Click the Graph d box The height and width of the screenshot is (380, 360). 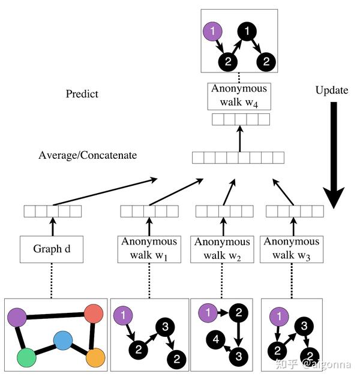(x=51, y=249)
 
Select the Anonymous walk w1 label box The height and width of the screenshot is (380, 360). (x=149, y=249)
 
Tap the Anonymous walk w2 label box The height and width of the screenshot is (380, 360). (x=222, y=249)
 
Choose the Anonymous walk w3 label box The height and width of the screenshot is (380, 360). (x=292, y=249)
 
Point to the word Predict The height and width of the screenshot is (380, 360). (x=82, y=94)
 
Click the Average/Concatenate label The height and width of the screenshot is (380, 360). (x=88, y=155)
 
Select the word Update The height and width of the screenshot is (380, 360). (x=331, y=91)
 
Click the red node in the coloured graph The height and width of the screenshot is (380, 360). (x=94, y=313)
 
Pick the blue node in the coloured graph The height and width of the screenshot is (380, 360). (x=63, y=341)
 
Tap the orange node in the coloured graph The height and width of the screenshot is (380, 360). (x=96, y=358)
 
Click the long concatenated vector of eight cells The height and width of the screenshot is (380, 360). (x=238, y=158)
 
